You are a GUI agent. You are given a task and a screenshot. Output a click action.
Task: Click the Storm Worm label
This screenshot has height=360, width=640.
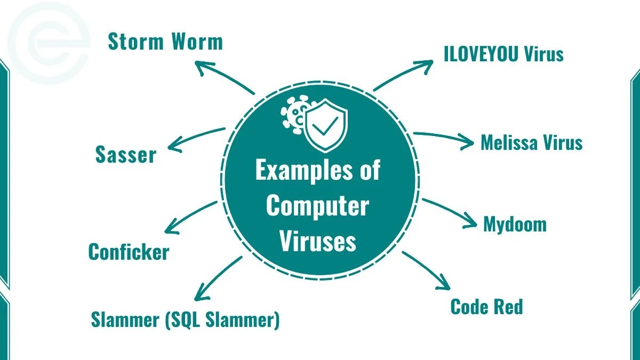165,42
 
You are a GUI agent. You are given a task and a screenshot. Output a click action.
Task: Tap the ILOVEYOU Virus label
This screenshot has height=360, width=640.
503,54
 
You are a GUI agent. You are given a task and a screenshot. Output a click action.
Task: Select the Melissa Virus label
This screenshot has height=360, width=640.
531,142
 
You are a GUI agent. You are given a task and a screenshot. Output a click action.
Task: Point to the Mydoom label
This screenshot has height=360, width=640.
515,223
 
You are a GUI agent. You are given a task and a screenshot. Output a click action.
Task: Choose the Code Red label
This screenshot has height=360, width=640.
486,307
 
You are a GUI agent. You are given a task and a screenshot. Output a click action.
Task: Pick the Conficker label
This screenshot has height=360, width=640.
129,252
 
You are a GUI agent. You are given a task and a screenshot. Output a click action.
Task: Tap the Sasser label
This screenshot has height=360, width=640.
126,155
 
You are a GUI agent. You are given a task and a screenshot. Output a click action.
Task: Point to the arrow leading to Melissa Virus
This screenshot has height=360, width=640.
443,138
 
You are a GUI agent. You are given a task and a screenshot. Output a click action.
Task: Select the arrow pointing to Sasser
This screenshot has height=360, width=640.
195,138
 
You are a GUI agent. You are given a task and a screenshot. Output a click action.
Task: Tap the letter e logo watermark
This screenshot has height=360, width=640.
51,43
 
